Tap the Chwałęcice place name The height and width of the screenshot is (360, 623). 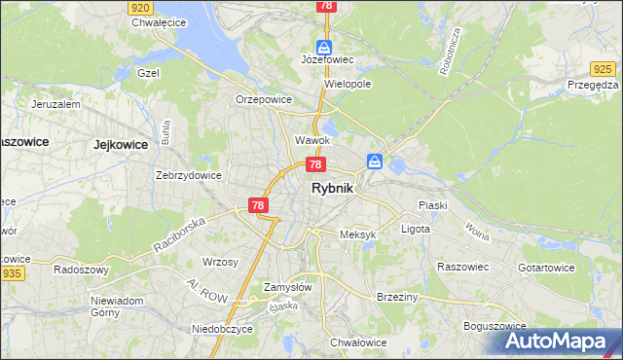tap(158, 21)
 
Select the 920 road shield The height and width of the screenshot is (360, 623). tap(139, 6)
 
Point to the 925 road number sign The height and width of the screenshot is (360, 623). tap(604, 68)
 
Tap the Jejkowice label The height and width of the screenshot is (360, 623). tap(119, 144)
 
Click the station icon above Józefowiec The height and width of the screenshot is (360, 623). tap(324, 46)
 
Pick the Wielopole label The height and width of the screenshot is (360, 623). tap(348, 84)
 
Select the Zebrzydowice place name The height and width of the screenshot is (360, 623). tap(189, 175)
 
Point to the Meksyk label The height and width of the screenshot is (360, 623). tap(357, 234)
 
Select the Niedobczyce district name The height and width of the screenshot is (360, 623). tap(222, 329)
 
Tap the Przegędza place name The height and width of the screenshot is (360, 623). tap(593, 85)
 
